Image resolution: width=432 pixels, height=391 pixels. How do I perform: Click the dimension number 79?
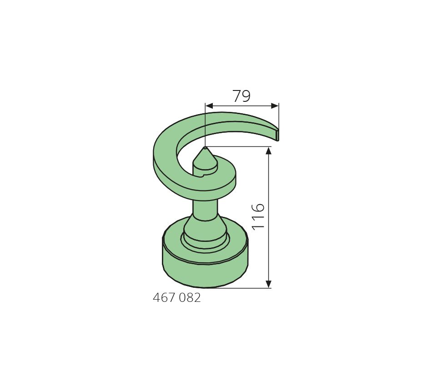pos(241,96)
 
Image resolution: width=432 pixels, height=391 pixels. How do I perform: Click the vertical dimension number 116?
pos(258,217)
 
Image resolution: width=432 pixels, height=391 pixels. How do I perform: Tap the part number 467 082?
pos(176,298)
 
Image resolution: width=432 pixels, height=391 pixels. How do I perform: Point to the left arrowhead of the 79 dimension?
pos(209,106)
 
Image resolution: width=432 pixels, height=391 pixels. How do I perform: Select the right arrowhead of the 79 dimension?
pos(275,106)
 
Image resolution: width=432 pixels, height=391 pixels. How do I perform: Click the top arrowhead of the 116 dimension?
pos(269,151)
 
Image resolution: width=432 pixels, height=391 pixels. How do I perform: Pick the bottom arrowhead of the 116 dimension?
pos(269,284)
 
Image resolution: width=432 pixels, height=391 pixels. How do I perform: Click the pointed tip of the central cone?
pos(205,147)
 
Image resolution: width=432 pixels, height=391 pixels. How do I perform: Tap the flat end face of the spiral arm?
pos(277,135)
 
